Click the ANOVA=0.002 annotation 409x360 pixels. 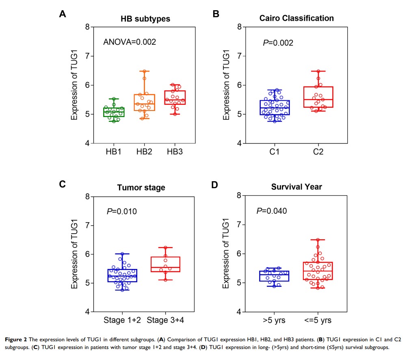129,42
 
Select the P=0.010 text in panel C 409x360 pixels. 122,211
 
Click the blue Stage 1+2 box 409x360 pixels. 122,275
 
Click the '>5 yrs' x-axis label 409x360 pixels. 274,321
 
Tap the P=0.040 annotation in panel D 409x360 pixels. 271,211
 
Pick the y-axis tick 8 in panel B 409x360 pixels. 240,27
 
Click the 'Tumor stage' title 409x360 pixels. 141,187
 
